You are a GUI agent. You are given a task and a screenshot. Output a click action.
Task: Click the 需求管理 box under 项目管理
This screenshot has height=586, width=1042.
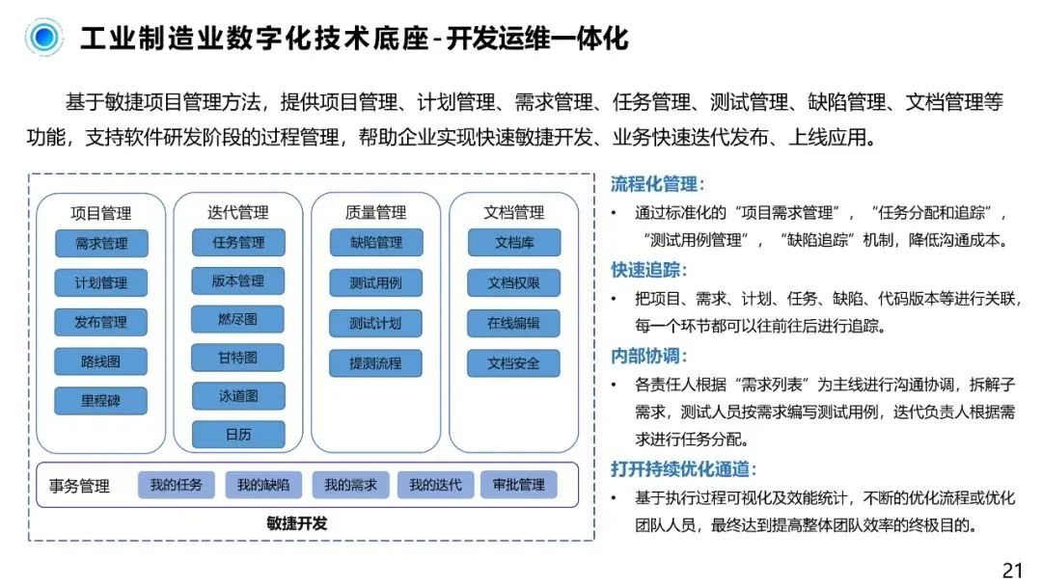pos(101,243)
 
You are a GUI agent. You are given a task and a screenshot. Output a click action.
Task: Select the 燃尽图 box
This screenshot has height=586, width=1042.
pos(237,319)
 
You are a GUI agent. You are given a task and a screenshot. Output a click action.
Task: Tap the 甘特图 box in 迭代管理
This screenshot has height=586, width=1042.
pos(237,358)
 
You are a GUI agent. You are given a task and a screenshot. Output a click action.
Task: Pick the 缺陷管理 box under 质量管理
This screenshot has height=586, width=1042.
pos(375,243)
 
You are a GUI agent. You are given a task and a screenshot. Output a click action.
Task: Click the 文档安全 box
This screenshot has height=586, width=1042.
pos(513,363)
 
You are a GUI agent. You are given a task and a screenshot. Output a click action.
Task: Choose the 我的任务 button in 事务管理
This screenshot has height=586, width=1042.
pos(176,485)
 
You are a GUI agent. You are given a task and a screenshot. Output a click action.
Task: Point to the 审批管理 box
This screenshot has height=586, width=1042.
pos(518,485)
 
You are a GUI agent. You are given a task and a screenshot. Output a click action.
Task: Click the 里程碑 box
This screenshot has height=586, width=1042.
pos(101,401)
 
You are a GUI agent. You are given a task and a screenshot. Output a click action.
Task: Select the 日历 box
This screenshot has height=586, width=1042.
pos(237,435)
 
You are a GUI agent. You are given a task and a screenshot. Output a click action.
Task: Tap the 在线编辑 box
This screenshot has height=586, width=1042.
pos(513,323)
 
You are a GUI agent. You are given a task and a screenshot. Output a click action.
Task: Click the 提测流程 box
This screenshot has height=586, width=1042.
pos(375,363)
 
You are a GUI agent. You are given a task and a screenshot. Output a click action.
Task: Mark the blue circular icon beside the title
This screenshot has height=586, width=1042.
pos(43,38)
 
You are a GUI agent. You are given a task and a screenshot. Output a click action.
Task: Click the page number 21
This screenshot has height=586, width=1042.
pos(1012,570)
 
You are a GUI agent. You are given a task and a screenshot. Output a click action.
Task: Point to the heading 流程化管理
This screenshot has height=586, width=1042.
pos(657,184)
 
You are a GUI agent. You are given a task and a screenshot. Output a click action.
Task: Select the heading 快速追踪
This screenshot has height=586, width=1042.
pos(649,271)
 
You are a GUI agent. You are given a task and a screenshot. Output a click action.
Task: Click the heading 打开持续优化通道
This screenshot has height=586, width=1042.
pos(683,469)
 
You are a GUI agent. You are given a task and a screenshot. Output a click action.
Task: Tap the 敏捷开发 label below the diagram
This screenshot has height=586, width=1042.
pos(297,524)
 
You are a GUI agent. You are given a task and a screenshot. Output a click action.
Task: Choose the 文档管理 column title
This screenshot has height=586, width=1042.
pos(513,212)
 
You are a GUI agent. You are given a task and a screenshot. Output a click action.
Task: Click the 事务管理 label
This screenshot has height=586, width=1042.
pos(79,486)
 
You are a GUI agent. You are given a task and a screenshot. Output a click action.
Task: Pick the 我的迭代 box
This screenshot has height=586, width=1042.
pos(435,485)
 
